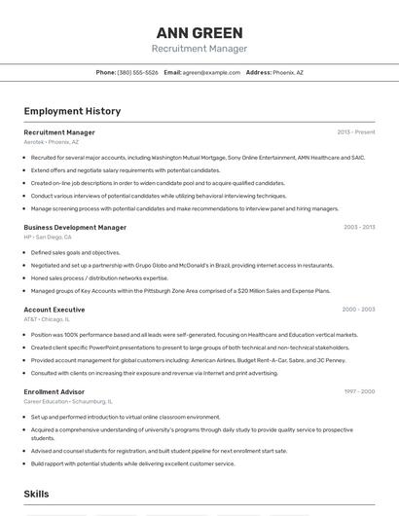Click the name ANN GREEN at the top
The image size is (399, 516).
(199, 32)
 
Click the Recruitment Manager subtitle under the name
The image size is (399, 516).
(199, 49)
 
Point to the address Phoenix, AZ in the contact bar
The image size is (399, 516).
(287, 72)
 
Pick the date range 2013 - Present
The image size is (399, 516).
(355, 132)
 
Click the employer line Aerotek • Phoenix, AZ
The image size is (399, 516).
(52, 142)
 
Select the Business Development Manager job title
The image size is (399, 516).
(75, 227)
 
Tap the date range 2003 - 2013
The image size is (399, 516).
(358, 227)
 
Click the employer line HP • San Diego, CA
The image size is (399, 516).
(48, 237)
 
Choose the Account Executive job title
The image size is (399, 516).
(54, 310)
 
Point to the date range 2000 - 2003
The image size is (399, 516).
(358, 310)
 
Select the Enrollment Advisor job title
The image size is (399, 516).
(54, 391)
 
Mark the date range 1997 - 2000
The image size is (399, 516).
(358, 391)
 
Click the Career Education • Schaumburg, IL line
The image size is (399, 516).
(67, 401)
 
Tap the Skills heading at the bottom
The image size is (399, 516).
(36, 495)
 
